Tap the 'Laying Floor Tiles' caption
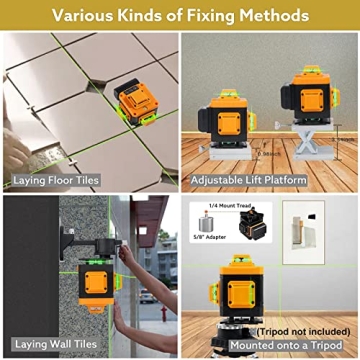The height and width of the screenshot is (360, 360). click(x=57, y=181)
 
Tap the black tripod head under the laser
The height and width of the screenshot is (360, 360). click(x=240, y=326)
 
